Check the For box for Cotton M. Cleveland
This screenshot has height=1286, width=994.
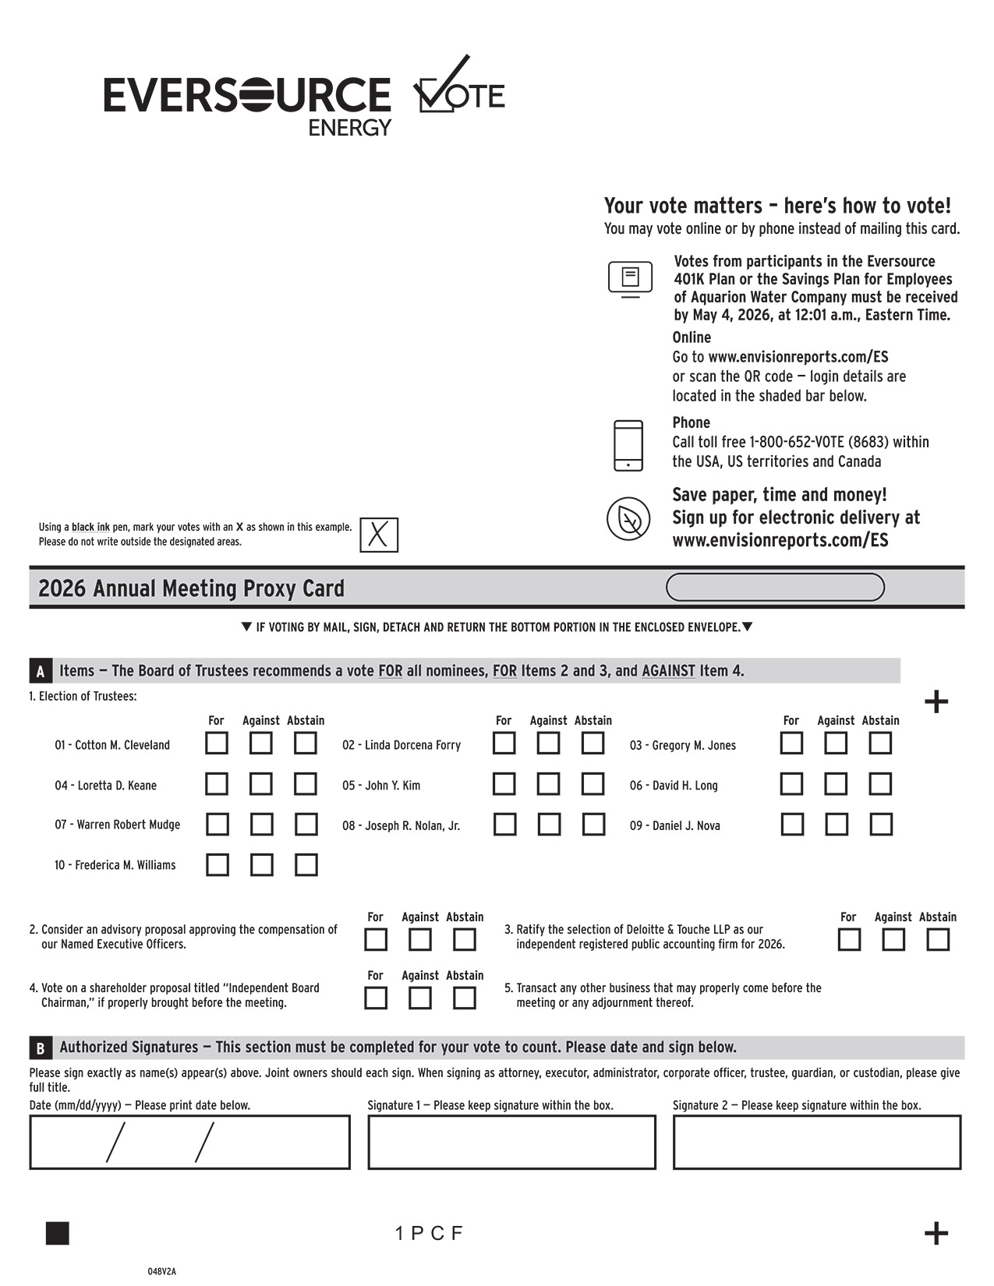coord(217,743)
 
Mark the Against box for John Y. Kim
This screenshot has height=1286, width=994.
coord(548,783)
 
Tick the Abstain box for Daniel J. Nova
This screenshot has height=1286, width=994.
coord(881,824)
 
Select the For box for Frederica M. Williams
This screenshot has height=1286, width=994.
coord(218,864)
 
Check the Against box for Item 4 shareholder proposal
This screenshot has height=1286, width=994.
coord(420,998)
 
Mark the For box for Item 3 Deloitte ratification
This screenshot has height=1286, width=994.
coord(849,939)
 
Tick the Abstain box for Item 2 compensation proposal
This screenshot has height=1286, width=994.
coord(465,939)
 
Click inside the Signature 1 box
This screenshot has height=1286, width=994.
coord(511,1142)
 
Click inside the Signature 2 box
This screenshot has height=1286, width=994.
coord(817,1142)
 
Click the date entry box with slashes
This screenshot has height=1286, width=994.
coord(189,1142)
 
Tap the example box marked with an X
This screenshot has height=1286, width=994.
coord(379,535)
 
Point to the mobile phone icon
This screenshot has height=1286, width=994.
coord(628,445)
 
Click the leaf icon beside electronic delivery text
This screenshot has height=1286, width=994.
coord(628,518)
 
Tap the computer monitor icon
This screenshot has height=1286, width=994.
coord(630,278)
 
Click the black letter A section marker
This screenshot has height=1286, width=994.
coord(41,671)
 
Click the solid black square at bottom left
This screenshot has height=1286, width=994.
coord(58,1233)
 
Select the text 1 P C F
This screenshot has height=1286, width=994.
coord(429,1233)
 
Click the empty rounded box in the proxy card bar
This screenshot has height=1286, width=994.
coord(775,587)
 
